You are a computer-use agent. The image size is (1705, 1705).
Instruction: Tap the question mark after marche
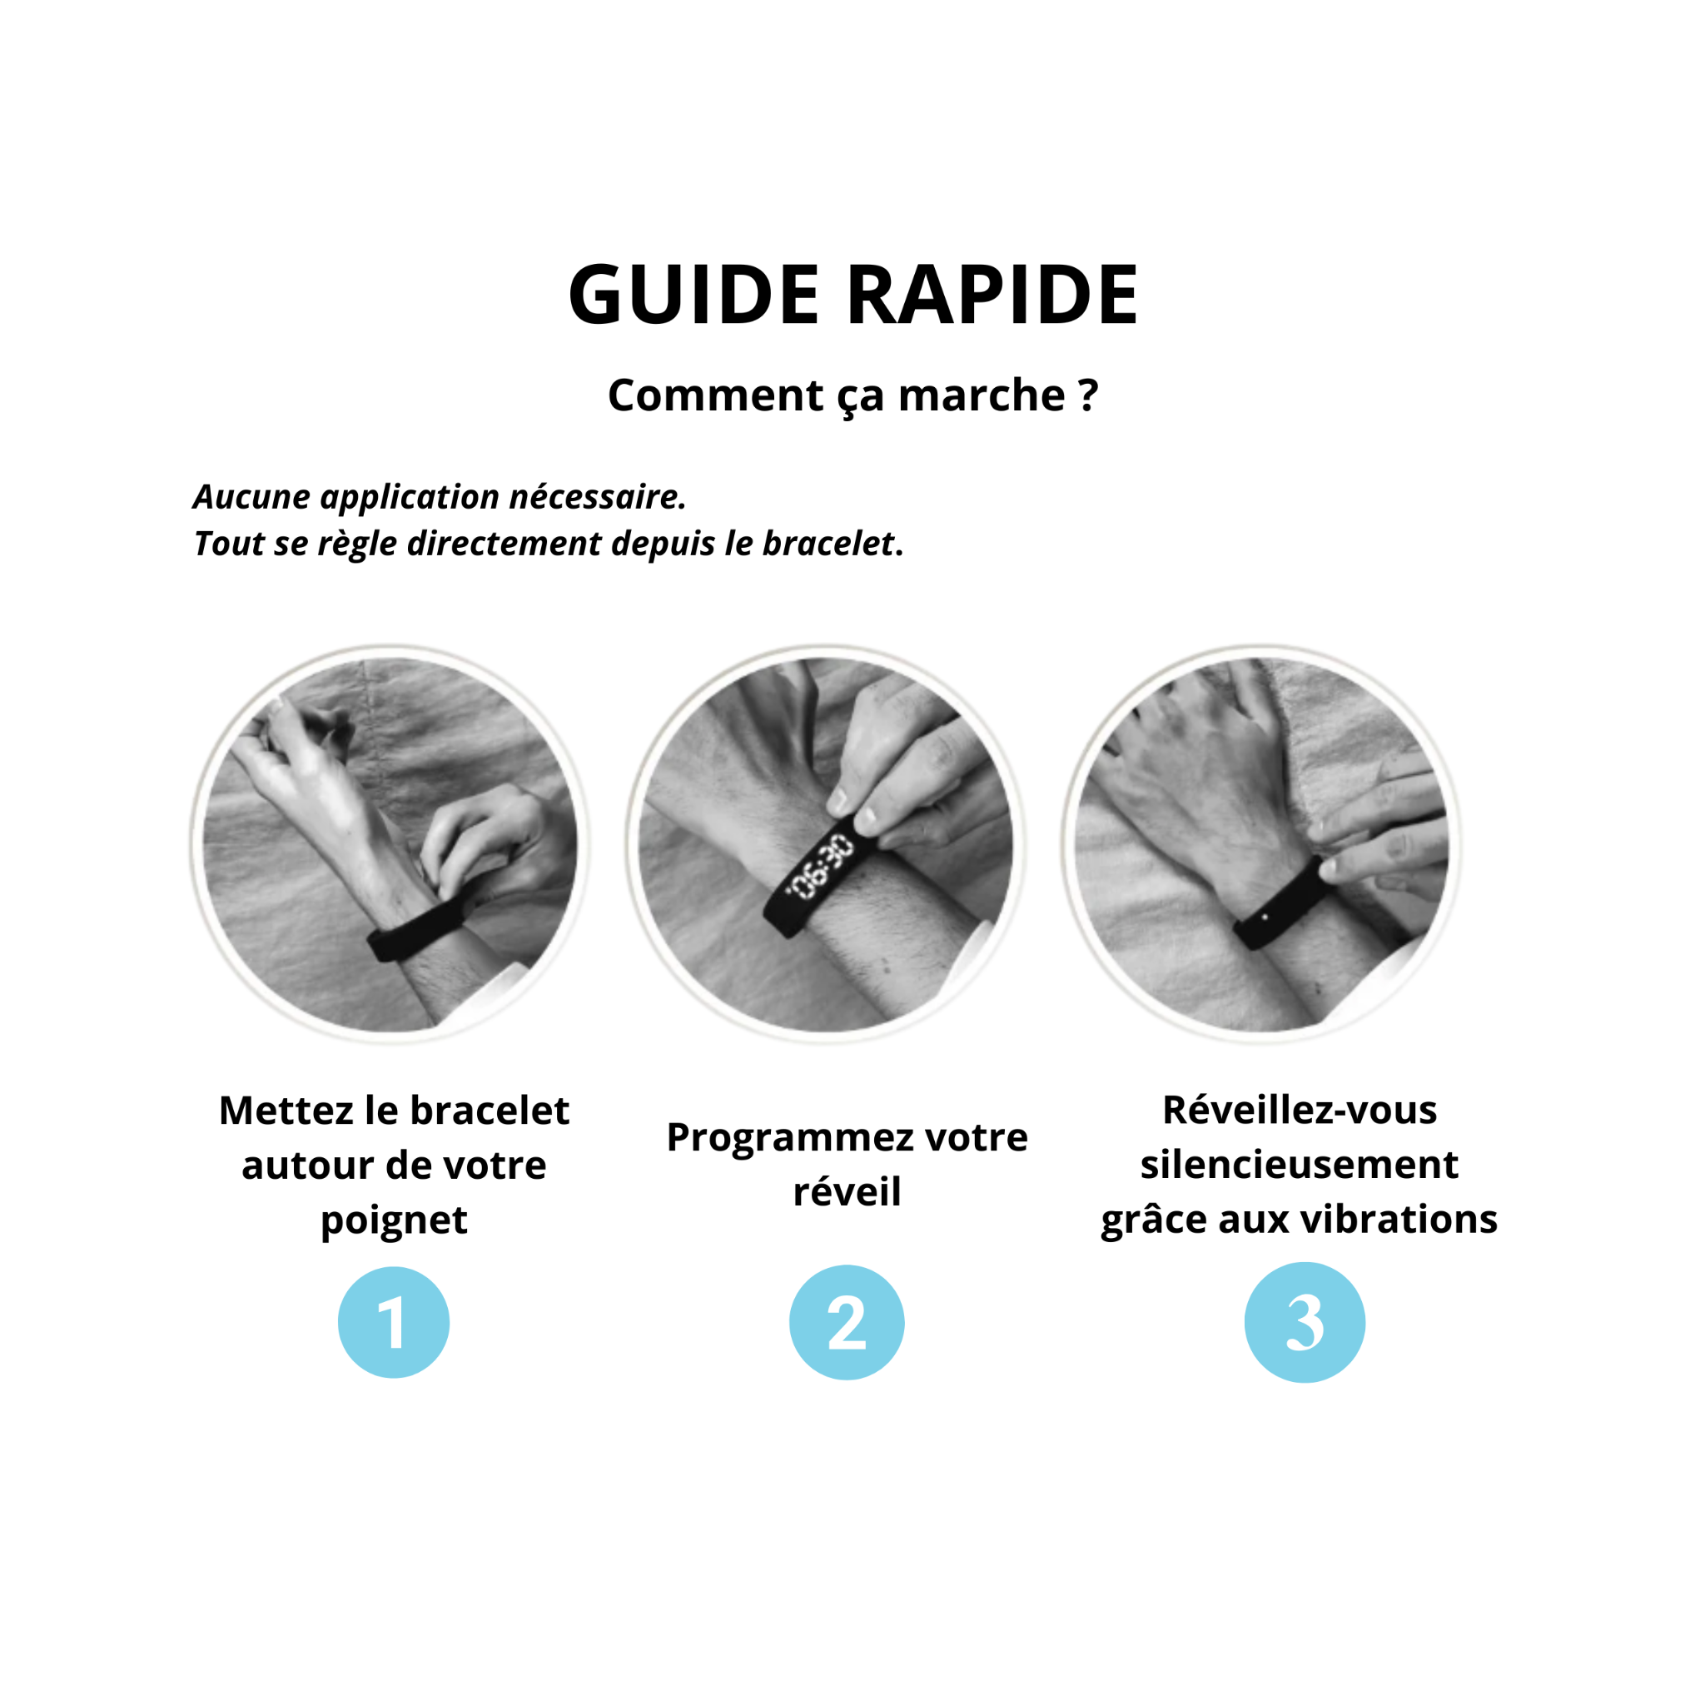[x=1088, y=394]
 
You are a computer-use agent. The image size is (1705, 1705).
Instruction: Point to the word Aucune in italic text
[x=251, y=497]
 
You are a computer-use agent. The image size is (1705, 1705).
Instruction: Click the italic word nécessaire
[x=598, y=497]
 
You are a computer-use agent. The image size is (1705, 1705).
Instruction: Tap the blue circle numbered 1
[x=394, y=1322]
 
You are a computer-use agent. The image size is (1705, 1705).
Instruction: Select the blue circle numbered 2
[x=847, y=1322]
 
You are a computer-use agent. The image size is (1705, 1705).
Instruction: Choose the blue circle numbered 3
[x=1305, y=1322]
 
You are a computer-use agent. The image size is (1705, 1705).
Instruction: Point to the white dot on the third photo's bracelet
[x=1265, y=917]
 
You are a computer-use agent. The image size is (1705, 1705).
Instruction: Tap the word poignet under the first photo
[x=394, y=1220]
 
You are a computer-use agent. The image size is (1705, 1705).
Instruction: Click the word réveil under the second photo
[x=848, y=1191]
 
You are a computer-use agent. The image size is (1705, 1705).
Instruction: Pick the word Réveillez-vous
[x=1300, y=1111]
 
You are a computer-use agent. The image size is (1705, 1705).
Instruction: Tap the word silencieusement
[x=1299, y=1165]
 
